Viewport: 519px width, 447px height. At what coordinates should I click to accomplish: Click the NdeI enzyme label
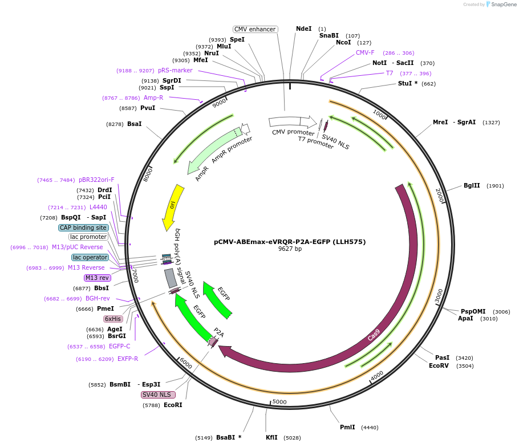[303, 29]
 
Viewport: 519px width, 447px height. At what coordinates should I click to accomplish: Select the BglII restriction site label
[472, 185]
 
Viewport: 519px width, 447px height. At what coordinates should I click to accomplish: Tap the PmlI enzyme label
[347, 427]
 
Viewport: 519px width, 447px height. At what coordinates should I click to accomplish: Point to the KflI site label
[271, 437]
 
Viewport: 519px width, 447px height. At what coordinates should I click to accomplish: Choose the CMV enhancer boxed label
[255, 29]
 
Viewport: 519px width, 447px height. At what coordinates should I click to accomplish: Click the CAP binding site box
[83, 227]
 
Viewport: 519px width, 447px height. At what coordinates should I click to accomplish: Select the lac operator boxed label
[90, 257]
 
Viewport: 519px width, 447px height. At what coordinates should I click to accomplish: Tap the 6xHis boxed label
[112, 319]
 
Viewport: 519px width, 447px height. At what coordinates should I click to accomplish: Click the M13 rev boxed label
[97, 278]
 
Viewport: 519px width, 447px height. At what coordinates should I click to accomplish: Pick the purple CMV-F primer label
[365, 52]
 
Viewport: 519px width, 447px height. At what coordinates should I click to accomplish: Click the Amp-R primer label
[153, 97]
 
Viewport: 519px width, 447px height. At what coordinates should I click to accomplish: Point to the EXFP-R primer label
[128, 359]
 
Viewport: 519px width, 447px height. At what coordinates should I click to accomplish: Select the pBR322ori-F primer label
[96, 180]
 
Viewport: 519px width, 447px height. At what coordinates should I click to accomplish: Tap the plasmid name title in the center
[290, 242]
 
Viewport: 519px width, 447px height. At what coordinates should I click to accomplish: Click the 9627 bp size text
[290, 249]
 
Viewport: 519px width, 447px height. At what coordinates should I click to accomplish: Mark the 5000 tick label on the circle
[279, 402]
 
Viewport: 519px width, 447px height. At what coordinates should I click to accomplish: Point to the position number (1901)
[495, 186]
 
